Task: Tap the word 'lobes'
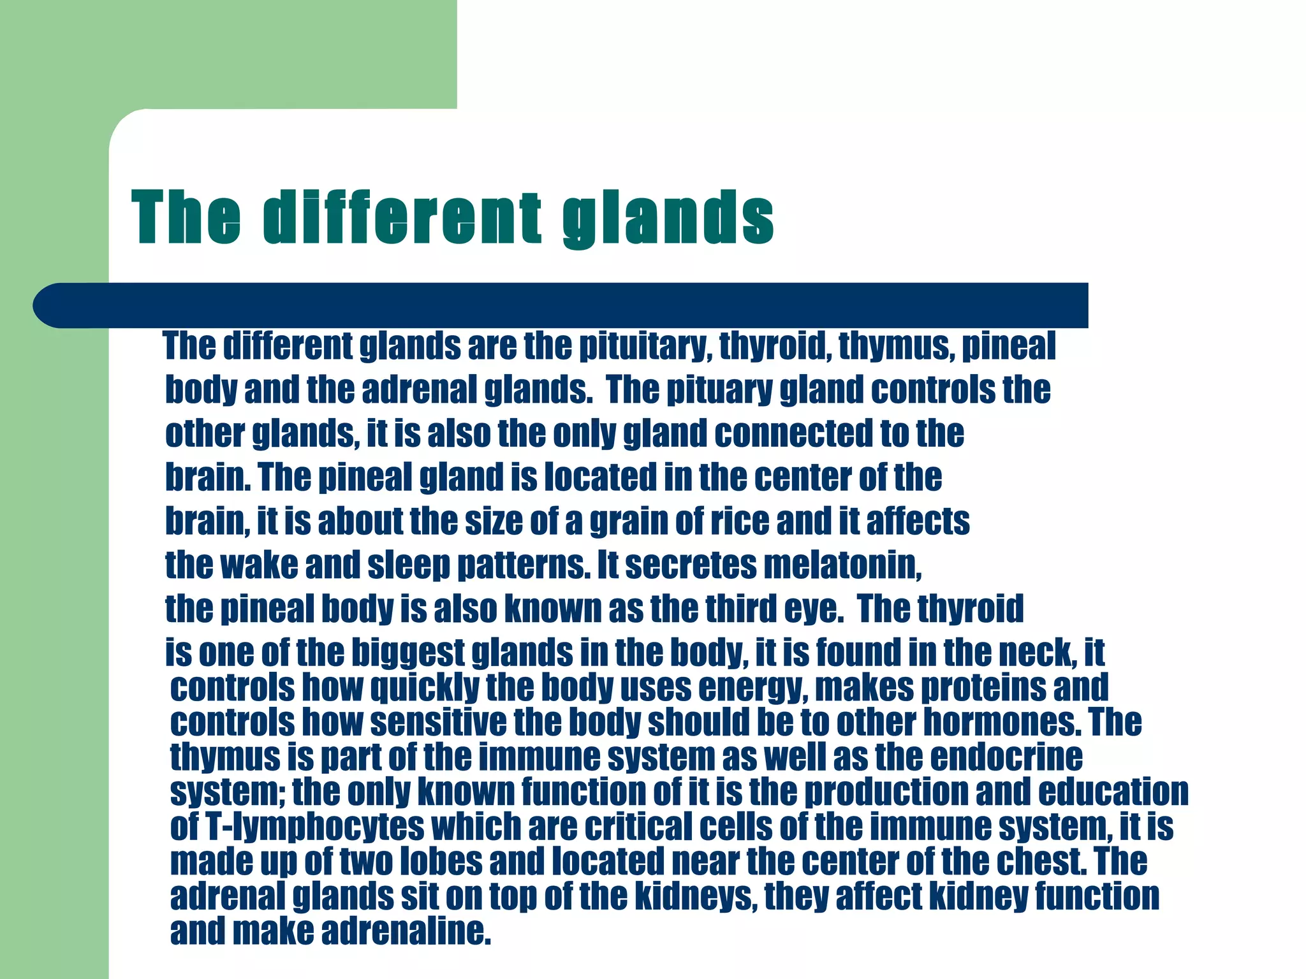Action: point(441,861)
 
